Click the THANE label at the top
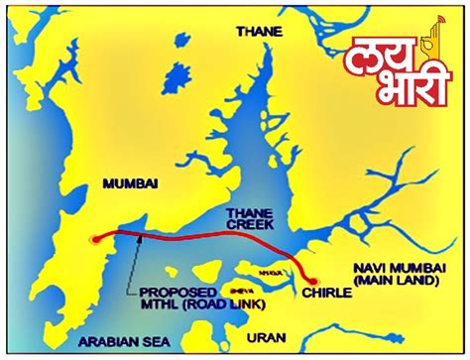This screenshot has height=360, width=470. point(259,32)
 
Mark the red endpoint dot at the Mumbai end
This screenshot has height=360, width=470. point(93,238)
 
